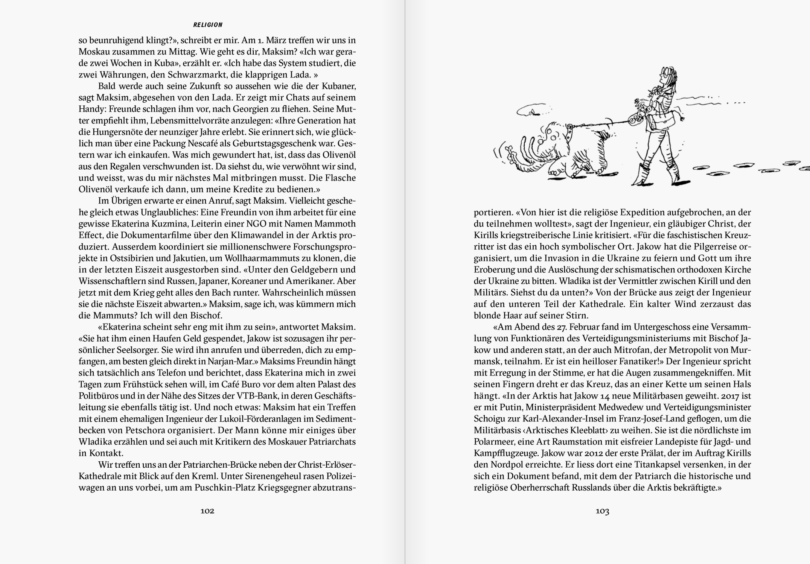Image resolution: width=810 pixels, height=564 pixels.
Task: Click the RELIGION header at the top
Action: point(208,25)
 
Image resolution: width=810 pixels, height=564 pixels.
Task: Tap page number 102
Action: point(207,511)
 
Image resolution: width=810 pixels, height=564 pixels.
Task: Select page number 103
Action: point(602,511)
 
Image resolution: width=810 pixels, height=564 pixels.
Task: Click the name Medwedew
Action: point(630,407)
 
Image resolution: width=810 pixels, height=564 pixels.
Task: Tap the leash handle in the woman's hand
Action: point(636,120)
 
